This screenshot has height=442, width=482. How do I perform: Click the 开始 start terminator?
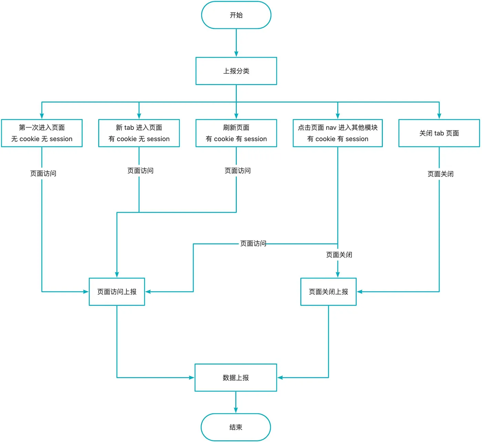click(x=236, y=15)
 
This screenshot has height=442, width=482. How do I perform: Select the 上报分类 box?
click(x=236, y=71)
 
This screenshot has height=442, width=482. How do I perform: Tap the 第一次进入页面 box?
click(x=42, y=133)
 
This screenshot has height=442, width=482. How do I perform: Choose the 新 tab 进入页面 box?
click(x=139, y=133)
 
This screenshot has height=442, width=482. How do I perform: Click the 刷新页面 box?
click(x=236, y=133)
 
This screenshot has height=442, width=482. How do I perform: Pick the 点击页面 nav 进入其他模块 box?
click(x=338, y=133)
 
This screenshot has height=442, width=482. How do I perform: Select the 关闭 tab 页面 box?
click(x=439, y=133)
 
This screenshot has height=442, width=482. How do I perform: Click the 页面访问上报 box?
click(x=117, y=292)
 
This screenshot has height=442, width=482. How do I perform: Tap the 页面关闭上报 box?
click(x=328, y=292)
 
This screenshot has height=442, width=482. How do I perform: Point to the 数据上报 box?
click(x=236, y=378)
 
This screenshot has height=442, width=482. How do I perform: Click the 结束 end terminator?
click(x=236, y=427)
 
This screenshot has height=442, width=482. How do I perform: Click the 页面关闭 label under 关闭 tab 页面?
click(x=440, y=174)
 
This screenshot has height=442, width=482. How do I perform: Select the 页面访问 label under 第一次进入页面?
click(x=43, y=173)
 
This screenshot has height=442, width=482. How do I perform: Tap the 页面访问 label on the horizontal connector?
click(x=253, y=243)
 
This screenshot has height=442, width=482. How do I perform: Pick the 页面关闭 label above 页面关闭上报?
click(x=339, y=255)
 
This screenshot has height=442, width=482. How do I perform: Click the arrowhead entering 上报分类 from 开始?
click(x=236, y=54)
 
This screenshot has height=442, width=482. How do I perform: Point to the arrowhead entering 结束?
click(x=236, y=410)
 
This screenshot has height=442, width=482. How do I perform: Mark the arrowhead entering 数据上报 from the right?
click(x=280, y=378)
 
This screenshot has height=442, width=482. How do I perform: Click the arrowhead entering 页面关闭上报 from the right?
click(x=360, y=292)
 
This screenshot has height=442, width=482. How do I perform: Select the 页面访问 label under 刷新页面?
click(x=238, y=171)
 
